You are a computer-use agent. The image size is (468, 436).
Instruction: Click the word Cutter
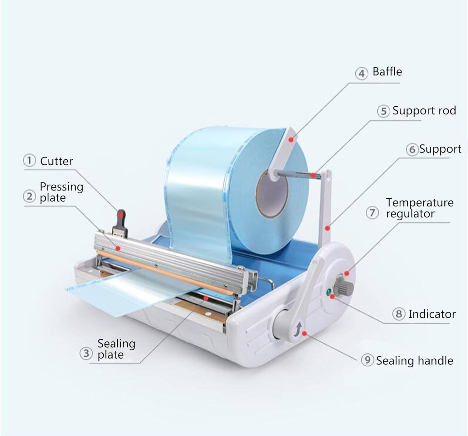56,161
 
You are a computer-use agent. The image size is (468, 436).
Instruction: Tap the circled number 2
29,197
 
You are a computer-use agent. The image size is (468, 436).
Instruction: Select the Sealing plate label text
116,349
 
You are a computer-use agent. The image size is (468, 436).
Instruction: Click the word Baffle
387,72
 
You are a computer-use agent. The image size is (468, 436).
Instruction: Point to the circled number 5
383,111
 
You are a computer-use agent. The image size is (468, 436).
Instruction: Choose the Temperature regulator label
419,208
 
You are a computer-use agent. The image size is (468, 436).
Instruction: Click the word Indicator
432,314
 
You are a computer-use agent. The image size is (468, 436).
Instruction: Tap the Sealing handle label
414,361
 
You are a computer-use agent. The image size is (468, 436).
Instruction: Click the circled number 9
367,360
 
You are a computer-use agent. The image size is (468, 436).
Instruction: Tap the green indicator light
328,292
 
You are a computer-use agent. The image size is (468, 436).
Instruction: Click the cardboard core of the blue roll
272,194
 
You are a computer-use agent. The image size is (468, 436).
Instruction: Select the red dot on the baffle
291,139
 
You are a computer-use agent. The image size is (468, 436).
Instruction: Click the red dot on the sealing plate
206,298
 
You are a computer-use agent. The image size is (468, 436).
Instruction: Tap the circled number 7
372,213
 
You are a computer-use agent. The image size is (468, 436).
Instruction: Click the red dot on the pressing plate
118,248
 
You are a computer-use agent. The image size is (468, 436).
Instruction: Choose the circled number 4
361,74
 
